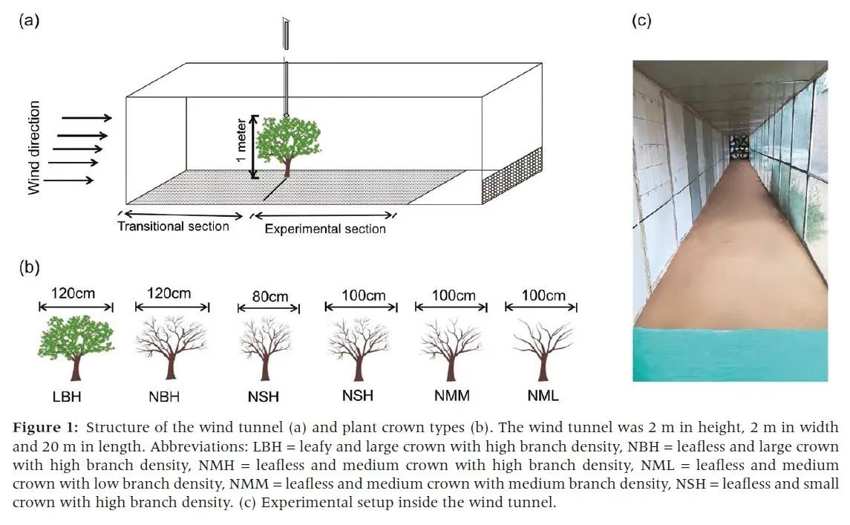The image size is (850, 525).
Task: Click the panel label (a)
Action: (x=29, y=20)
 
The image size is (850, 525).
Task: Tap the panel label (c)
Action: (x=641, y=20)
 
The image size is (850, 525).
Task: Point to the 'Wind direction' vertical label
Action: (x=34, y=148)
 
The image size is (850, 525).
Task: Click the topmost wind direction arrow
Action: (x=86, y=117)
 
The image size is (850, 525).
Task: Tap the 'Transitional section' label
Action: (x=173, y=226)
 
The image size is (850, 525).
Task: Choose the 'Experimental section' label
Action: (x=325, y=229)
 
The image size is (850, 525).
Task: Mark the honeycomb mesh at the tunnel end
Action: (x=512, y=176)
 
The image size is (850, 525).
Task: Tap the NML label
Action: (x=543, y=396)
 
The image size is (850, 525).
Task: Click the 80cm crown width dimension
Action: (x=269, y=297)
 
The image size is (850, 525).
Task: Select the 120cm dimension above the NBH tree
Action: (x=170, y=294)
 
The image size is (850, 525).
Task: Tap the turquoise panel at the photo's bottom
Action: (x=730, y=355)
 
